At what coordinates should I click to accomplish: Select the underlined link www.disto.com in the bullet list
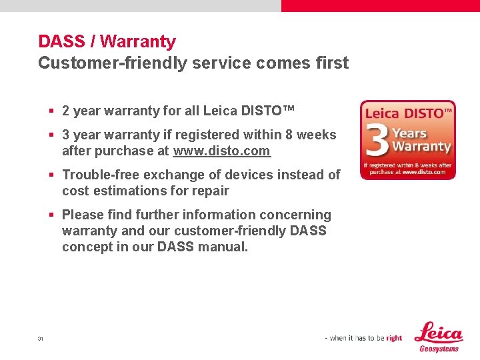click(x=221, y=151)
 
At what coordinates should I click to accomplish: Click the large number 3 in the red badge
click(x=377, y=141)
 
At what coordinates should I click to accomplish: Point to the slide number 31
click(x=41, y=339)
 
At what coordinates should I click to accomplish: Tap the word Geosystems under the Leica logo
click(x=439, y=349)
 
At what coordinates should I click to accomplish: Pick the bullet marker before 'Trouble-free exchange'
click(x=51, y=175)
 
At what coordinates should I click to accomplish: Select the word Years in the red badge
click(x=409, y=133)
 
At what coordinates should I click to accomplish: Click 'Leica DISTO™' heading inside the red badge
click(x=408, y=113)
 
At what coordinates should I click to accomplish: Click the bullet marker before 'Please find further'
click(x=51, y=215)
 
